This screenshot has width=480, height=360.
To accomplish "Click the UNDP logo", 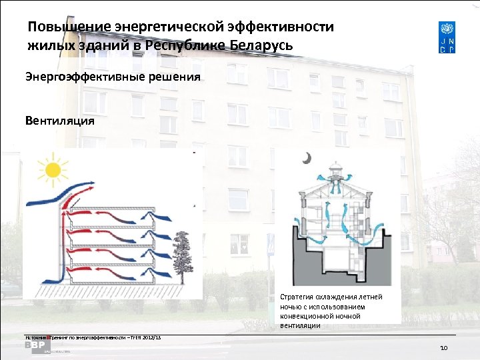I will click(447, 37).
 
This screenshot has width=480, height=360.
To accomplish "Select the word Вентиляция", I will click(59, 121).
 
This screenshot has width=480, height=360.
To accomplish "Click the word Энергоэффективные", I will click(79, 77).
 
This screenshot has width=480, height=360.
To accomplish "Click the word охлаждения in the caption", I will click(337, 297).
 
